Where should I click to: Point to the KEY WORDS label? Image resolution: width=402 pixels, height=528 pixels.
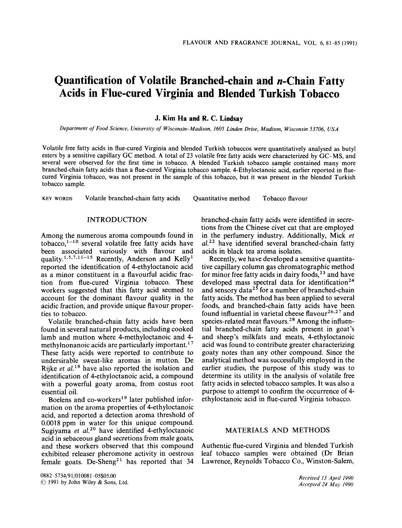57,199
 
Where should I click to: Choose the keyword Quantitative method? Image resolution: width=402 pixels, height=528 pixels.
221,198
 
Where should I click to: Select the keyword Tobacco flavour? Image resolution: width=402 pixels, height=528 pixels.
285,198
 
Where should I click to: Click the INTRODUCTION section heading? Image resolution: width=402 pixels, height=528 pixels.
117,220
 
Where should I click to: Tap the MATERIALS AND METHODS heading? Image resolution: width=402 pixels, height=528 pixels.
277,430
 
